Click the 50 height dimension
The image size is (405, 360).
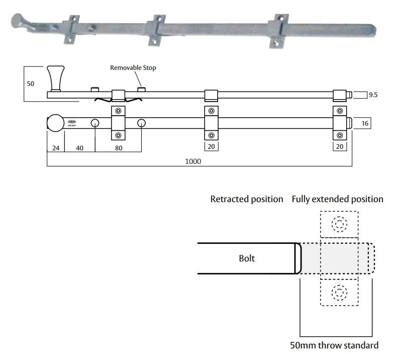[x=30, y=84]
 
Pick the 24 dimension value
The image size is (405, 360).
[x=55, y=148]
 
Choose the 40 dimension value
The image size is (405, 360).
[x=80, y=148]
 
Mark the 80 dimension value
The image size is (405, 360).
[x=119, y=148]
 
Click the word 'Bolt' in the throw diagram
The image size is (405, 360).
[x=247, y=258]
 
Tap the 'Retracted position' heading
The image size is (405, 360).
[x=246, y=199]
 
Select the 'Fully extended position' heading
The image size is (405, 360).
[x=337, y=199]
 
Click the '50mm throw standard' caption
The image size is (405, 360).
[x=334, y=345]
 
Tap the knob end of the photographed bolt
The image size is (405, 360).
[x=18, y=21]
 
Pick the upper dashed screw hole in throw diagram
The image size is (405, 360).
[x=339, y=224]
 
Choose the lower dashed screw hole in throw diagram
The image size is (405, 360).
[x=339, y=292]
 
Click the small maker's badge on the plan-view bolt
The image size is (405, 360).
[x=71, y=123]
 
